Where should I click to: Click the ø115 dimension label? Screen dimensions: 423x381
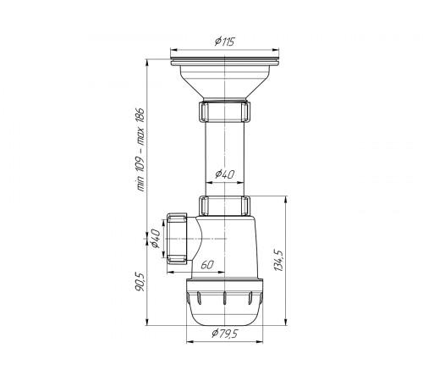pyautogui.click(x=225, y=41)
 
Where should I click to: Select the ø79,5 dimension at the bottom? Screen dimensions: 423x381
pyautogui.click(x=225, y=334)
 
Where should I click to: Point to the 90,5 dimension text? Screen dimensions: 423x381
pyautogui.click(x=140, y=282)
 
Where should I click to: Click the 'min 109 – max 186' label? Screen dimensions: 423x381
pyautogui.click(x=140, y=149)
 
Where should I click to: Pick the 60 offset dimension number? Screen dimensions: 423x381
pyautogui.click(x=207, y=265)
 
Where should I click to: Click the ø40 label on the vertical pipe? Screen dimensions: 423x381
pyautogui.click(x=224, y=174)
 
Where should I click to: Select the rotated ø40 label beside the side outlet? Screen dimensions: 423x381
pyautogui.click(x=156, y=239)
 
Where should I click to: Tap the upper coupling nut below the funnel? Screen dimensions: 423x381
pyautogui.click(x=225, y=111)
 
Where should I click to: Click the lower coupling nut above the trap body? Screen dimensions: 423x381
pyautogui.click(x=225, y=206)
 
